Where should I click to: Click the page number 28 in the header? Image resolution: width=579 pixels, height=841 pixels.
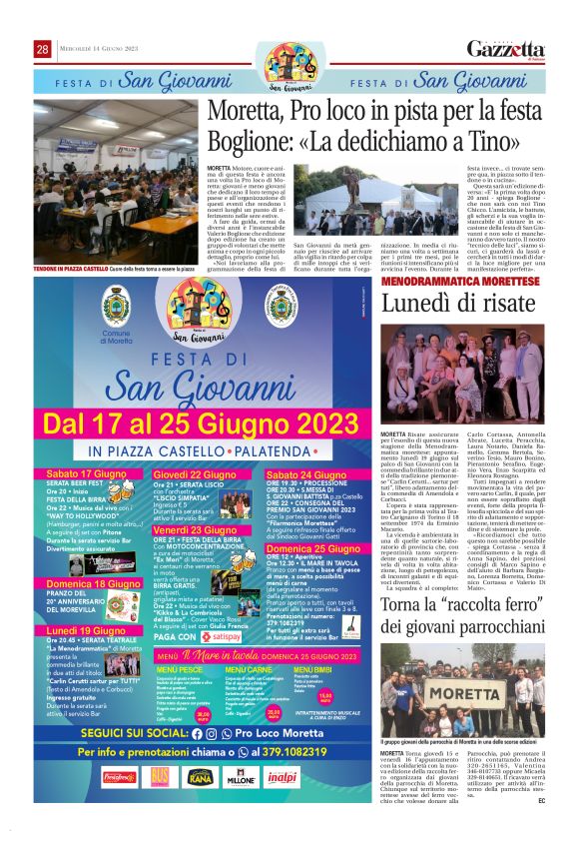click(43, 50)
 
